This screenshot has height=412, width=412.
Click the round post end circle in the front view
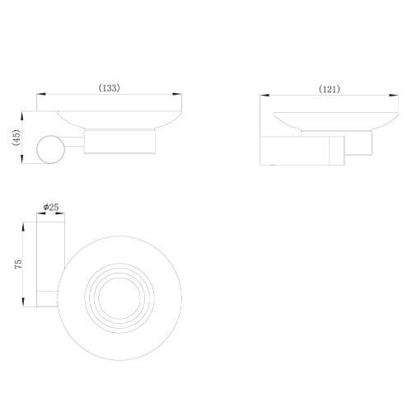coord(51,151)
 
